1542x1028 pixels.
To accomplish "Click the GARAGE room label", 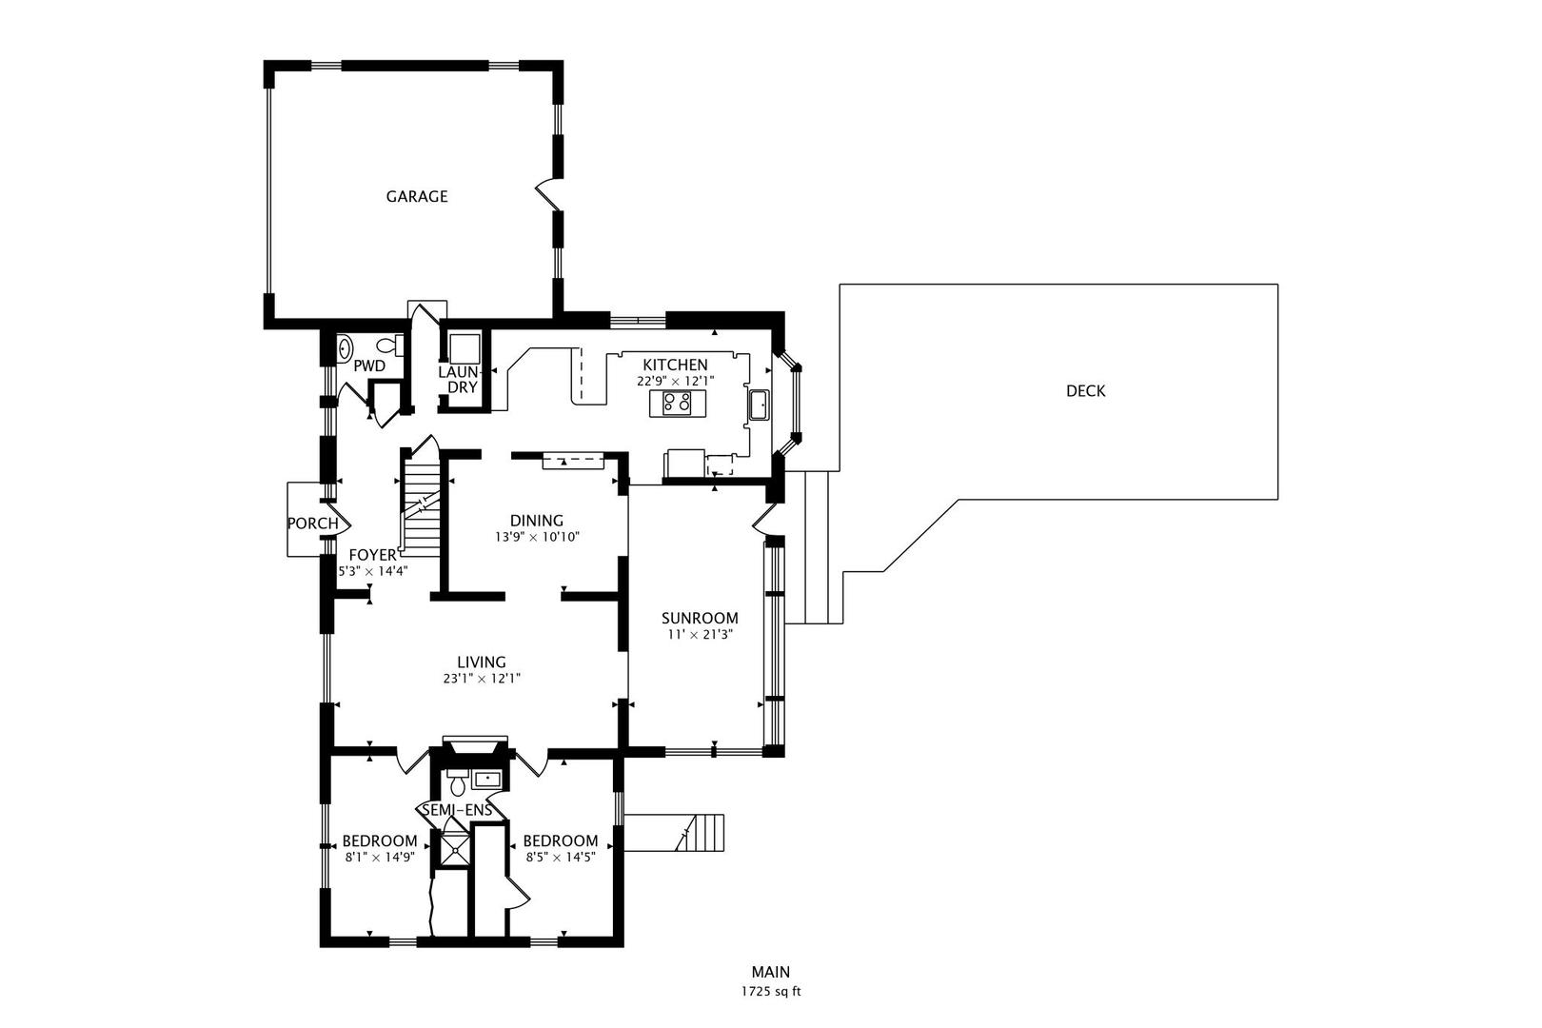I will pyautogui.click(x=416, y=197).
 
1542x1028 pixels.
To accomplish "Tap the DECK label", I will pyautogui.click(x=1085, y=391).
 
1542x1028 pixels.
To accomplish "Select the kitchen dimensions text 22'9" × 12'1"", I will pyautogui.click(x=675, y=381).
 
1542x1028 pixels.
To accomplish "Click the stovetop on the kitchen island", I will pyautogui.click(x=677, y=404).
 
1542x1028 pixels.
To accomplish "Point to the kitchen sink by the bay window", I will pyautogui.click(x=760, y=405).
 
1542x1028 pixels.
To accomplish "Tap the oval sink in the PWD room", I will pyautogui.click(x=346, y=348).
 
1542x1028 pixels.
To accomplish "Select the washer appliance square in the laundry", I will pyautogui.click(x=465, y=346).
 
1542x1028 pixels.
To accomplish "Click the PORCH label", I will pyautogui.click(x=312, y=524).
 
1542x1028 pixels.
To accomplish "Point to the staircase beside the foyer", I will pyautogui.click(x=420, y=504).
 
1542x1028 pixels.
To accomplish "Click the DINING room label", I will pyautogui.click(x=536, y=521).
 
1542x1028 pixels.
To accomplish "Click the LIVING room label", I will pyautogui.click(x=481, y=662).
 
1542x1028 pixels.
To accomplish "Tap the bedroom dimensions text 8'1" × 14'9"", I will pyautogui.click(x=380, y=857).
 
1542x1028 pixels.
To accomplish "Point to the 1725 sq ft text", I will pyautogui.click(x=770, y=991).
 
